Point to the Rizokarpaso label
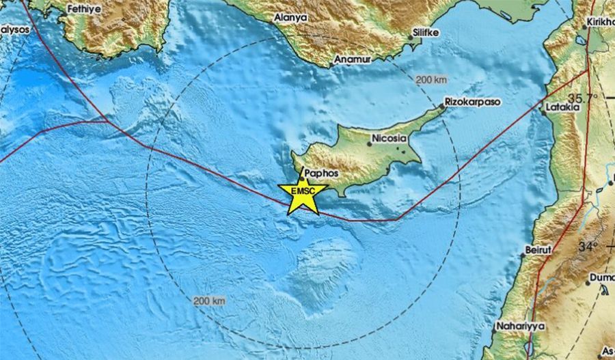[472, 101]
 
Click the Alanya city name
[290, 17]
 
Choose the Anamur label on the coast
[352, 60]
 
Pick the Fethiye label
[85, 10]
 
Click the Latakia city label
[562, 107]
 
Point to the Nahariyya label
[521, 327]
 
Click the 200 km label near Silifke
[430, 80]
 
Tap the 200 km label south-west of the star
[209, 301]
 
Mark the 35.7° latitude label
[586, 98]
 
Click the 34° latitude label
[589, 245]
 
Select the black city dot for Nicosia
[370, 143]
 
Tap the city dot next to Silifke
[412, 37]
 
